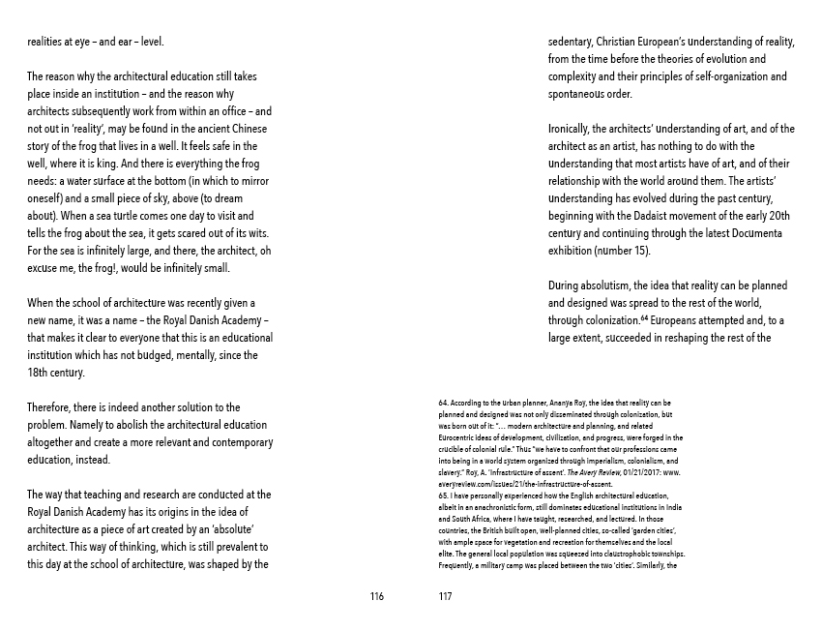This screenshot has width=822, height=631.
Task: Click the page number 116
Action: tap(377, 596)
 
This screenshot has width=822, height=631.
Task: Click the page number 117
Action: tap(445, 596)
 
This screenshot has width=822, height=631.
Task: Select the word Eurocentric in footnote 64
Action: tap(458, 438)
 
